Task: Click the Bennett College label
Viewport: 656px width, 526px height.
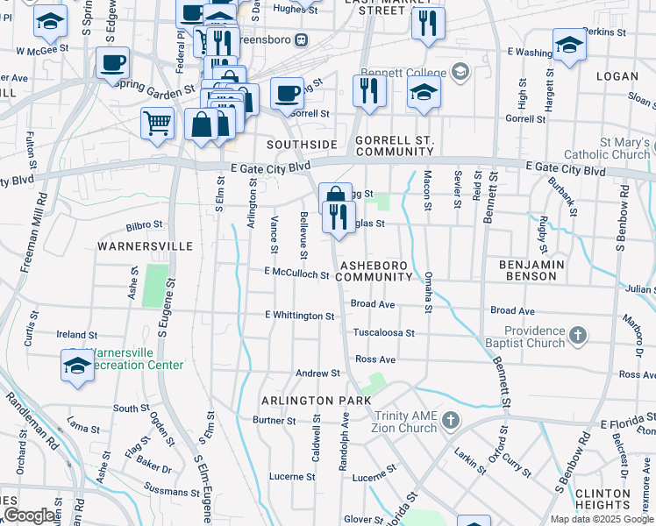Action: (414, 70)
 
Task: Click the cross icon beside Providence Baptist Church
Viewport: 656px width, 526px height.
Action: (577, 334)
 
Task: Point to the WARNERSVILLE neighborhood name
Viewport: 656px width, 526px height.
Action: (146, 246)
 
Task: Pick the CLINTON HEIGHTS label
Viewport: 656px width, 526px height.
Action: (604, 499)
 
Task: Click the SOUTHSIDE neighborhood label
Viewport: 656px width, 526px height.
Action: (303, 144)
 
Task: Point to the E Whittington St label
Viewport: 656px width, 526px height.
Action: (299, 315)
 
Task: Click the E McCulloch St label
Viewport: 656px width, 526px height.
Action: (296, 274)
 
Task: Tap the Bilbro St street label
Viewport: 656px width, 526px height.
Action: (145, 225)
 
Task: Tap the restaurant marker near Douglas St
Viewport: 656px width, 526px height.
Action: (339, 216)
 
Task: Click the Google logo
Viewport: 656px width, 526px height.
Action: (29, 515)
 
